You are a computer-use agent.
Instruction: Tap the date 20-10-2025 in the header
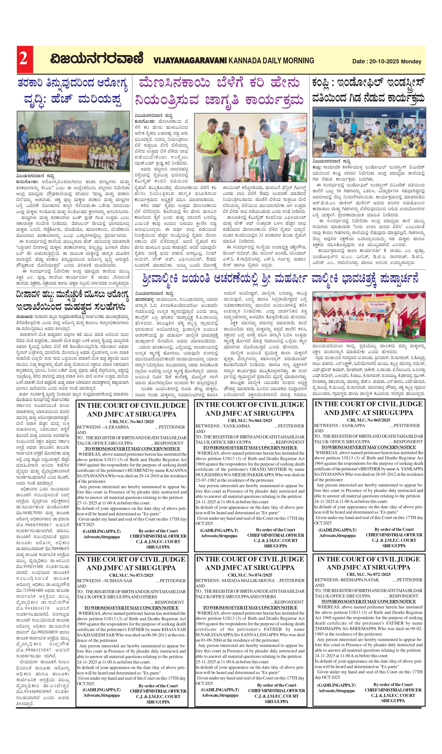tap(384, 61)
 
